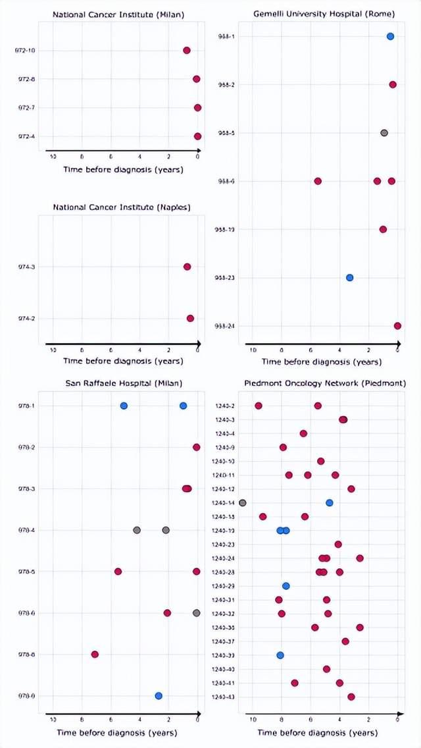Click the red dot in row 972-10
pos(187,51)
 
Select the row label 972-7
pos(28,107)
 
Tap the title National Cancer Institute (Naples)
pos(122,207)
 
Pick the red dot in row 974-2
pos(190,319)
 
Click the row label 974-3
pos(28,267)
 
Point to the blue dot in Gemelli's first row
pos(390,37)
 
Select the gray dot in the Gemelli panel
pos(384,133)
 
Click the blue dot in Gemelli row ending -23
pos(350,278)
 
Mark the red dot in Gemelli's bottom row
pos(397,326)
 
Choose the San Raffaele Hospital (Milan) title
pos(123,383)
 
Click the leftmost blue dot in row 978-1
pos(124,406)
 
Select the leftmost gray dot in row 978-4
pos(137,530)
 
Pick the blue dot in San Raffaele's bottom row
pos(158,696)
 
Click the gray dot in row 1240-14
pos(243,503)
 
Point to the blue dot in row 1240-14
pos(330,503)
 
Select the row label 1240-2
pos(226,406)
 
